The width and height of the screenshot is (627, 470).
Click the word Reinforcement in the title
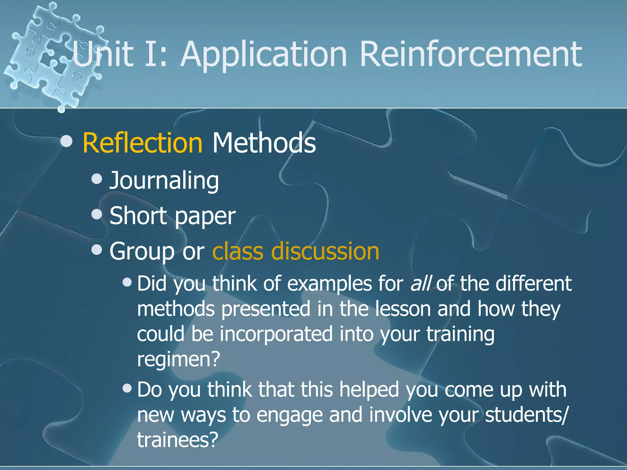click(471, 54)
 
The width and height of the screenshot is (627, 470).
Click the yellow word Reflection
click(142, 143)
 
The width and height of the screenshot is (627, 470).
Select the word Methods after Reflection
click(264, 143)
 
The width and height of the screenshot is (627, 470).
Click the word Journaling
click(164, 181)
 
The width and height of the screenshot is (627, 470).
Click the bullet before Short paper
click(97, 214)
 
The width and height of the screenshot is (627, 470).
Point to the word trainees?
click(177, 439)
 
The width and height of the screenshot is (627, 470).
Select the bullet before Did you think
click(127, 282)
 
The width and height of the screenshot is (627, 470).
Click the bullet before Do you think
click(127, 388)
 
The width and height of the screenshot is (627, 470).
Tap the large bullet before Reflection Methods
click(66, 141)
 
